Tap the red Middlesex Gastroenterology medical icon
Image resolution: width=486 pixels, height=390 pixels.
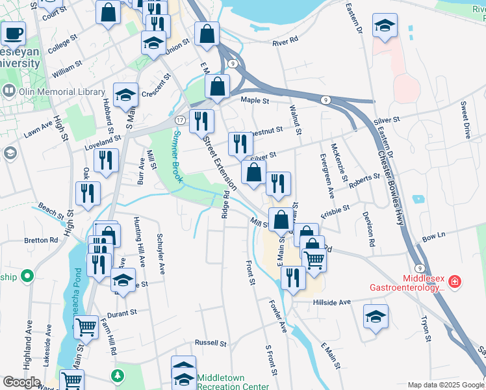455,281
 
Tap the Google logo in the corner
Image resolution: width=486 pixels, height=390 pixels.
21,383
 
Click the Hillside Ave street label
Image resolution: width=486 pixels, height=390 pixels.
331,302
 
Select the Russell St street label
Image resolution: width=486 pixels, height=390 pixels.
211,343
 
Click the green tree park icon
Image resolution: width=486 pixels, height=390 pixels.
117,376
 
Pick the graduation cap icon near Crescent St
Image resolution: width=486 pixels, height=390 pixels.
125,94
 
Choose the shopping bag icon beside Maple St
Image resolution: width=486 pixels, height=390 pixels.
217,86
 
